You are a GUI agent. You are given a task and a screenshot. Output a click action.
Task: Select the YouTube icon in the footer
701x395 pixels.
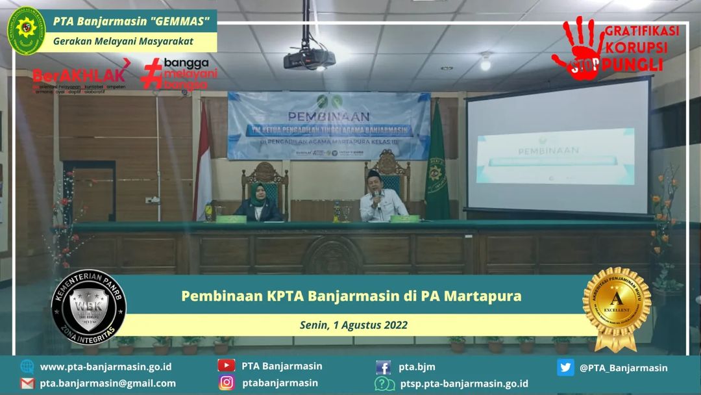click(x=226, y=366)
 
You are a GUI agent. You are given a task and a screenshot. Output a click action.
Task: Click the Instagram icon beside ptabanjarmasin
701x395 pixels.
click(x=226, y=383)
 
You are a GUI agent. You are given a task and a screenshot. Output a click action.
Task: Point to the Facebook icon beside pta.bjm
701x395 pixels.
click(x=384, y=367)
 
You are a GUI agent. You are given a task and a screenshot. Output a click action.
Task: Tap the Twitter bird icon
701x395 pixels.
click(x=565, y=367)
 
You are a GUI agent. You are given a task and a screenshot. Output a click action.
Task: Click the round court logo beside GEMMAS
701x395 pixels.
click(x=26, y=31)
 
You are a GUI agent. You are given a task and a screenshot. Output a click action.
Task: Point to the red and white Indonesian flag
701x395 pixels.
click(x=203, y=162)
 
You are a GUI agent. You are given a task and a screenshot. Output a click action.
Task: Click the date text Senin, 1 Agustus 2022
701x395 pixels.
click(x=354, y=325)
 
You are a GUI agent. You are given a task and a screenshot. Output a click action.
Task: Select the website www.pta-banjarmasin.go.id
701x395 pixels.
click(x=106, y=367)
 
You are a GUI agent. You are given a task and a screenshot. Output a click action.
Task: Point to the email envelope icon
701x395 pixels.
click(x=27, y=383)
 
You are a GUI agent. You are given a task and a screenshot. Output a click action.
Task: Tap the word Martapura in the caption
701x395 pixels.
click(x=480, y=296)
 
